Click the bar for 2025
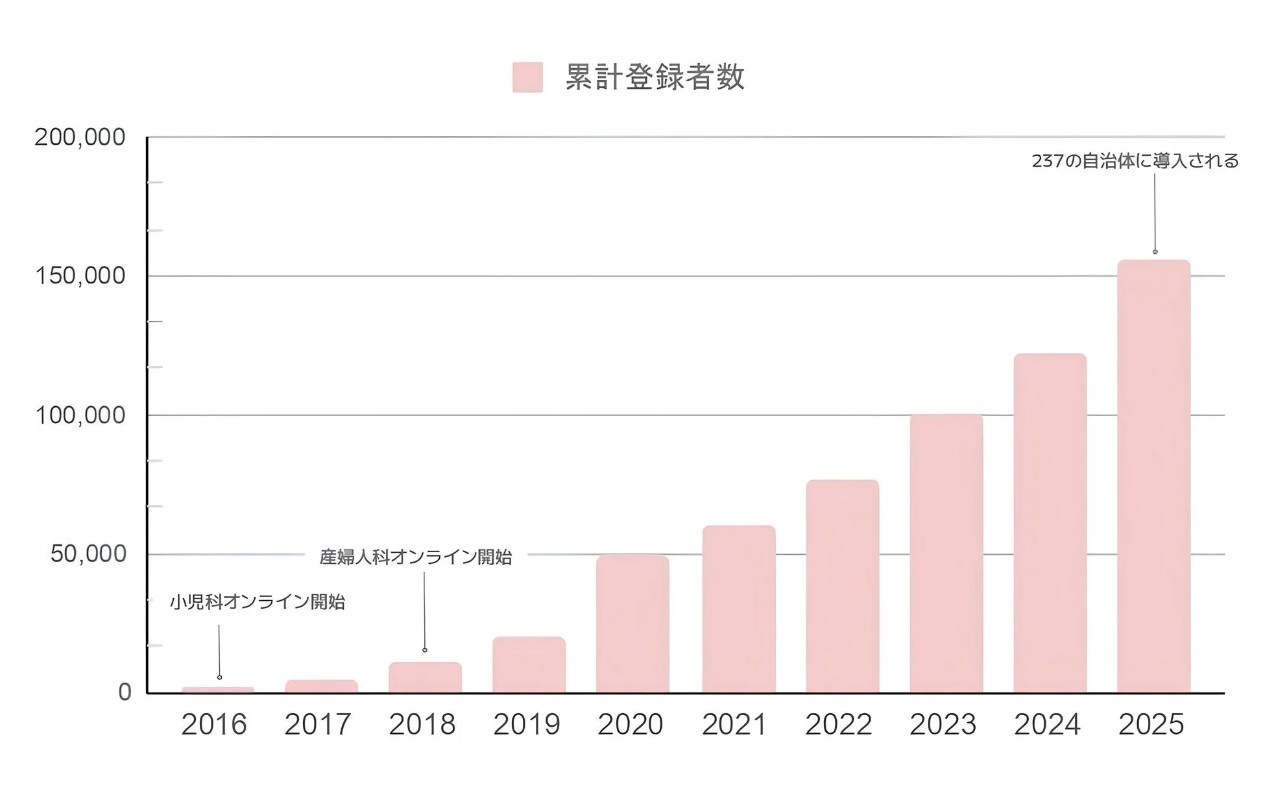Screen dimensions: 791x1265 click(x=1153, y=477)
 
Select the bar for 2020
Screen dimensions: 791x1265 click(x=632, y=624)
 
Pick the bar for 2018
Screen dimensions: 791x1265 click(x=425, y=677)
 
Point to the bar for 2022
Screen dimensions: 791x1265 click(x=842, y=587)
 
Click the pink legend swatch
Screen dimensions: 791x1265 click(x=527, y=77)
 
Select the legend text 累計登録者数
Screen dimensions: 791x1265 click(x=655, y=77)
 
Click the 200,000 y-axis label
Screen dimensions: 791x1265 click(x=80, y=138)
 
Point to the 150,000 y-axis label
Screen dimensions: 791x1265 click(x=80, y=276)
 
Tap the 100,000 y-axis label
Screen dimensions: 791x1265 click(x=80, y=415)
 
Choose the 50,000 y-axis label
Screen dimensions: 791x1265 click(x=88, y=554)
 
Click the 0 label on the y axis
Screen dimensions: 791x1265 click(x=125, y=692)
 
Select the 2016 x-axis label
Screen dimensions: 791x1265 click(x=214, y=725)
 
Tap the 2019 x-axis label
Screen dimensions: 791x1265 click(x=526, y=725)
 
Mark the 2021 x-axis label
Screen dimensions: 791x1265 click(x=734, y=725)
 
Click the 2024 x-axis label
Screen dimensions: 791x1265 click(x=1047, y=725)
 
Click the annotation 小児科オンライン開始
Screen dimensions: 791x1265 click(x=258, y=602)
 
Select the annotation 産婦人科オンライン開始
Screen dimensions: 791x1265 click(x=416, y=557)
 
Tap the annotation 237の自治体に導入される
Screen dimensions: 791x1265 click(x=1135, y=161)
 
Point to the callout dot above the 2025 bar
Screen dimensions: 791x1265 click(x=1155, y=252)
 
